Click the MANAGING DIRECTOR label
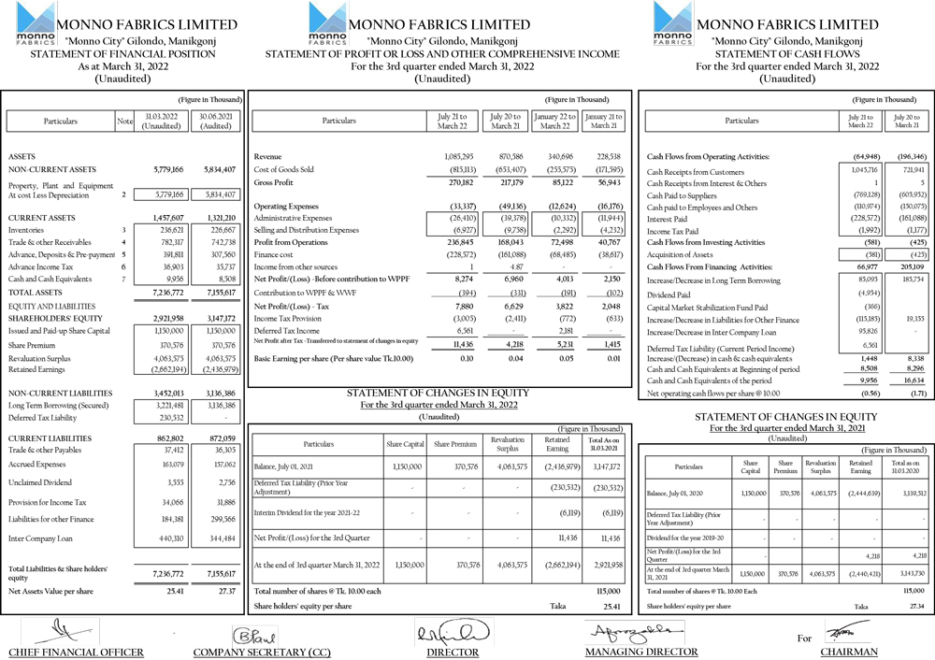[640, 652]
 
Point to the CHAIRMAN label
[849, 652]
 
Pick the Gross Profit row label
[274, 182]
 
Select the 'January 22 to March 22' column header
[555, 121]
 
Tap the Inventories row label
[26, 229]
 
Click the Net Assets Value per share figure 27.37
[221, 592]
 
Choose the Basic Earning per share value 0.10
[465, 358]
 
